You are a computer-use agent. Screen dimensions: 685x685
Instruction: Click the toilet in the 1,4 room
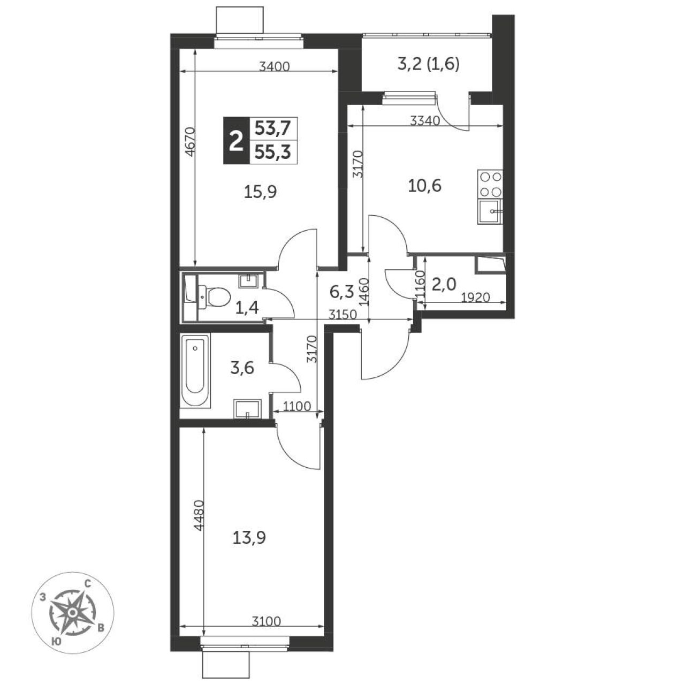pos(214,297)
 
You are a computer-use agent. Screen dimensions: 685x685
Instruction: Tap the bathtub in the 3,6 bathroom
pos(195,370)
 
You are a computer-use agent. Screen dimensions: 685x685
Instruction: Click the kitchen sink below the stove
pos(490,212)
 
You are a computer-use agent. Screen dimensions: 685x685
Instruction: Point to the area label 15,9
pos(261,192)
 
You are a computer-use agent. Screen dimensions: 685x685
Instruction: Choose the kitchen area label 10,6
pos(424,186)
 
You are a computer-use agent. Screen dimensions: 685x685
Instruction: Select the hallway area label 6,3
pos(341,292)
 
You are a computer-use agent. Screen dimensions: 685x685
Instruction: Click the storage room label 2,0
pos(444,284)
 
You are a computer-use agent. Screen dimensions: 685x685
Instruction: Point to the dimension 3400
pos(275,66)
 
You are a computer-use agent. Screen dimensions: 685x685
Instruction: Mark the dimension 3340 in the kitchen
pos(425,121)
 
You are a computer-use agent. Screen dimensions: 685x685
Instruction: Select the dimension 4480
pos(199,515)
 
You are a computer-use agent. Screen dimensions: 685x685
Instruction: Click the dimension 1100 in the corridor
pos(297,406)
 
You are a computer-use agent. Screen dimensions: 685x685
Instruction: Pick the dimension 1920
pos(475,297)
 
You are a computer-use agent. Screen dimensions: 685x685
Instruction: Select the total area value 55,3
pos(272,152)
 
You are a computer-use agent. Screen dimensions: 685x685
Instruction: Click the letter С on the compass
pos(87,593)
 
